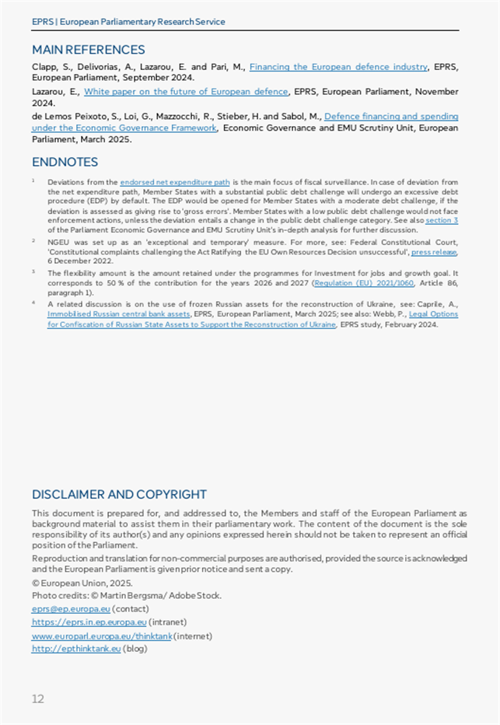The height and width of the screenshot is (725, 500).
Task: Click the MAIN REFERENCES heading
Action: pyautogui.click(x=88, y=50)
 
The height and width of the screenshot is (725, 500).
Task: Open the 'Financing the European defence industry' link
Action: pyautogui.click(x=338, y=67)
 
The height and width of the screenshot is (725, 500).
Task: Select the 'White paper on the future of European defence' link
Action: pyautogui.click(x=186, y=92)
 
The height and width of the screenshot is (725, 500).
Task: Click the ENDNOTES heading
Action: pyautogui.click(x=65, y=162)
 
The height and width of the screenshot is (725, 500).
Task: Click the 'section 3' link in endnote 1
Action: pyautogui.click(x=442, y=221)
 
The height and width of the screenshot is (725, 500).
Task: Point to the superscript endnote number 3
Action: pyautogui.click(x=33, y=271)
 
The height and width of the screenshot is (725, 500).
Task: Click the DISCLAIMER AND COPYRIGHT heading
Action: pyautogui.click(x=119, y=494)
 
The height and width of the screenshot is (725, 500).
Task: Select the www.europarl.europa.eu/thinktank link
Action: pyautogui.click(x=101, y=636)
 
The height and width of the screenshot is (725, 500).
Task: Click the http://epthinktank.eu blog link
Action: pyautogui.click(x=76, y=649)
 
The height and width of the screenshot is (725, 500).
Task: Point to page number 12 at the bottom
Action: pyautogui.click(x=38, y=699)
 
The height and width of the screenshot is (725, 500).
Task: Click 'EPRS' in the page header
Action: pyautogui.click(x=43, y=22)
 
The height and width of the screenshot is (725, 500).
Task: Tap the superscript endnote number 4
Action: pyautogui.click(x=33, y=303)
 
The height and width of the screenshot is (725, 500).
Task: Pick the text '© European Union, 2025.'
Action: pyautogui.click(x=82, y=582)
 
